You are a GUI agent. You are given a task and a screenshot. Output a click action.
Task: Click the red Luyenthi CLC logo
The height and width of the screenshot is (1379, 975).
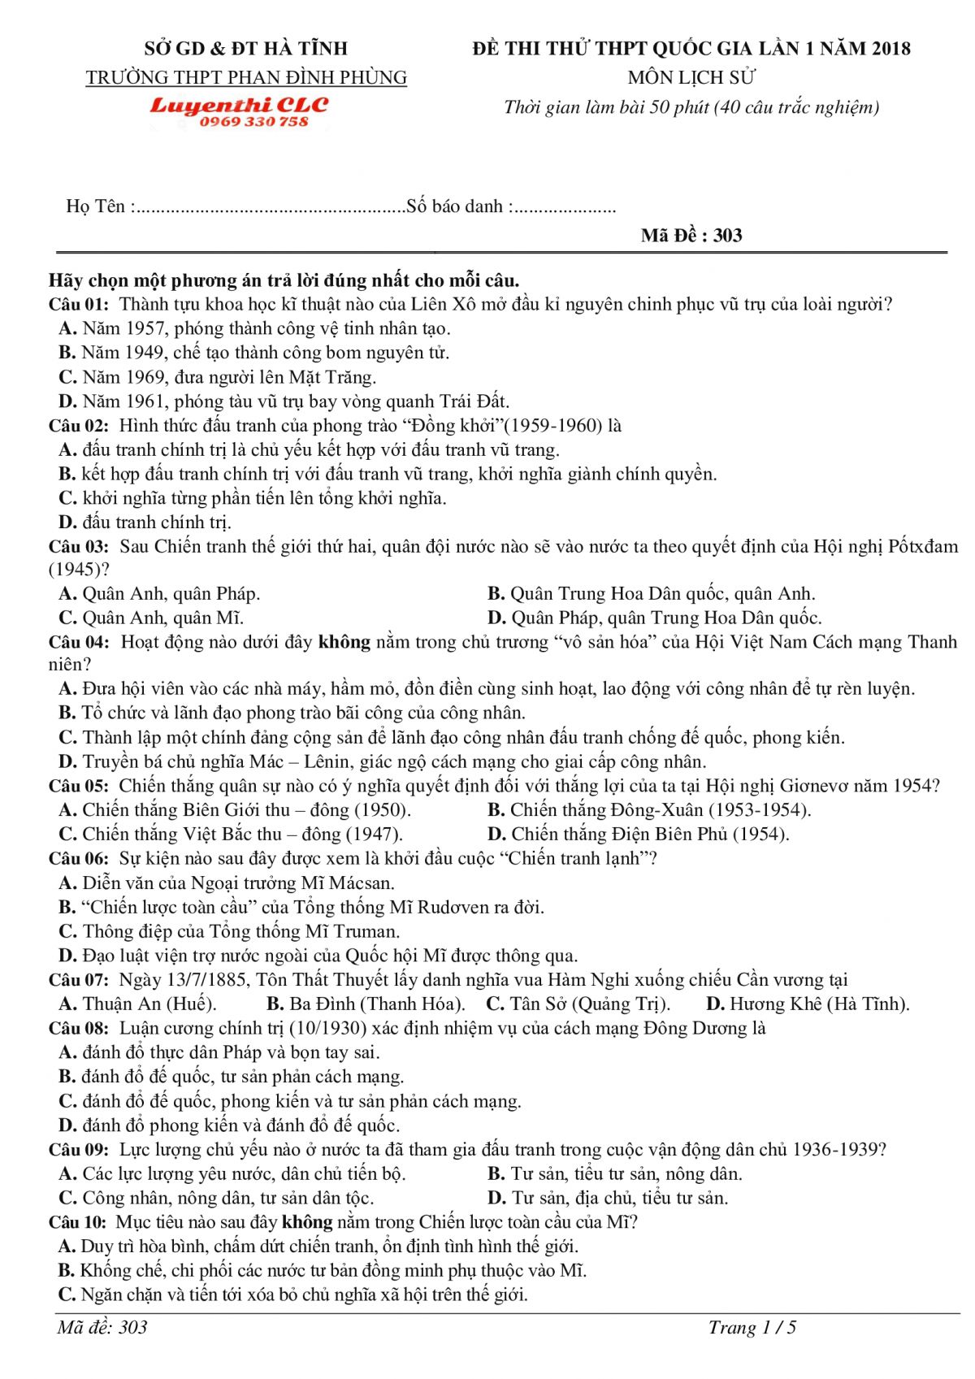point(239,106)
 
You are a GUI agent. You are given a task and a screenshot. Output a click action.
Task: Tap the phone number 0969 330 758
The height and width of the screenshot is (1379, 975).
point(253,122)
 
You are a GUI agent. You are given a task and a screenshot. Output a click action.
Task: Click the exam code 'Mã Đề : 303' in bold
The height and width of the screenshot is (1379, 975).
point(691,236)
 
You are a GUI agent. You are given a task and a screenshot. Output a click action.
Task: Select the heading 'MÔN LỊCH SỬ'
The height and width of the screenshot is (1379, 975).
point(691,77)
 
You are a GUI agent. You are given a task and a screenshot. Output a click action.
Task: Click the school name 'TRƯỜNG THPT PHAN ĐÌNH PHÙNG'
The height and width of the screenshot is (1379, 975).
point(246,77)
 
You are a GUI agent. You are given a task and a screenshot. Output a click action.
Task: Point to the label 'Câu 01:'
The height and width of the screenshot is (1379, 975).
point(78,305)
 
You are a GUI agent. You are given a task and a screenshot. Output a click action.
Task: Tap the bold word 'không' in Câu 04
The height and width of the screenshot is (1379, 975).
point(344,642)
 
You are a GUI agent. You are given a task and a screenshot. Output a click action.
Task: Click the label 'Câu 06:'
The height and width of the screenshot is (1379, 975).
point(78,858)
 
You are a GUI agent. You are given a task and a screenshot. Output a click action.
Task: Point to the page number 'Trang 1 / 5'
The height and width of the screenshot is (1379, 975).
point(752,1328)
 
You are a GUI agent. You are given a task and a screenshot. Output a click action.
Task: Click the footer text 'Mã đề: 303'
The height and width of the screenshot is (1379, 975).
point(102,1328)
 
